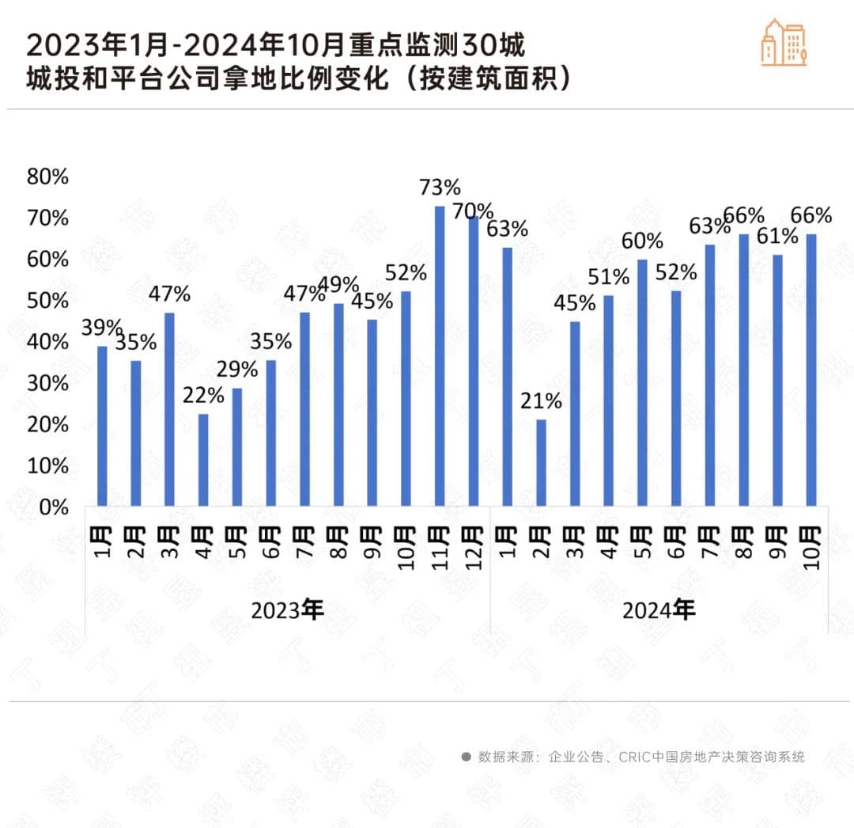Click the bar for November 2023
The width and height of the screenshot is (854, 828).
point(440,355)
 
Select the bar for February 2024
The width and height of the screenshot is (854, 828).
point(541,462)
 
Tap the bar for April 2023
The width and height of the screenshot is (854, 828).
point(203,460)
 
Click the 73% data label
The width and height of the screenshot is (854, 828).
point(440,188)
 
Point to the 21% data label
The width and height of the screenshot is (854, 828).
point(541,401)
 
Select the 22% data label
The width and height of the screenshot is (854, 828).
point(203,395)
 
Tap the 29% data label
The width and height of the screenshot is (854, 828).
point(237,370)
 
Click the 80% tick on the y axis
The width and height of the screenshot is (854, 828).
point(48,177)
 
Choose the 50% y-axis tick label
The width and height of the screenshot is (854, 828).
point(48,301)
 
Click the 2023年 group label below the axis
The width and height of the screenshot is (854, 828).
point(288,610)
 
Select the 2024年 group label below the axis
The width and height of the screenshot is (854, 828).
point(659,610)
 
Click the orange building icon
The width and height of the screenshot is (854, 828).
point(784,41)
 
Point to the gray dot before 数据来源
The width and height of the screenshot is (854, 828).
point(466,757)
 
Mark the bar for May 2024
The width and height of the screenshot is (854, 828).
point(642,382)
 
